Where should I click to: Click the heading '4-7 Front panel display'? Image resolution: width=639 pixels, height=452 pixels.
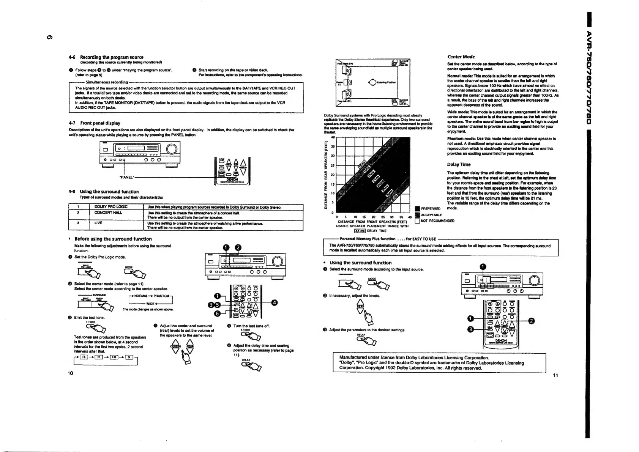[95, 123]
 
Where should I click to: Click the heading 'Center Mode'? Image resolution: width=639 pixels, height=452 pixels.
[461, 57]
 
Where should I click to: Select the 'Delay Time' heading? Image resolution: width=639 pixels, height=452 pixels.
[459, 165]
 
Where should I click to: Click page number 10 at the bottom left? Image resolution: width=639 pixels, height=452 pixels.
[70, 373]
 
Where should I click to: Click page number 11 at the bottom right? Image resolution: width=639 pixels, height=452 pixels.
[555, 375]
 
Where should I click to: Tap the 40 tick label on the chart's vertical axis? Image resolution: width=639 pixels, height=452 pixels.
[333, 137]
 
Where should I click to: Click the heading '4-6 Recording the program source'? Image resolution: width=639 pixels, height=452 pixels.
[112, 57]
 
